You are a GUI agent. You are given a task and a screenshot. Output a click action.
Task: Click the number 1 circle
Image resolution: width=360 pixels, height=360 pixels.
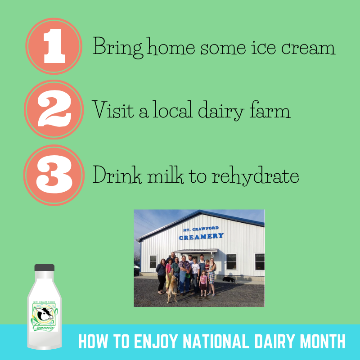point(54,46)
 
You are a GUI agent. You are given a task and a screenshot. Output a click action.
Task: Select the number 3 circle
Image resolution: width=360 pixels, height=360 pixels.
point(54,175)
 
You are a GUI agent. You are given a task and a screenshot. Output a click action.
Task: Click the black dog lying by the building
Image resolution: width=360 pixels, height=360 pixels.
point(229,279)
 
